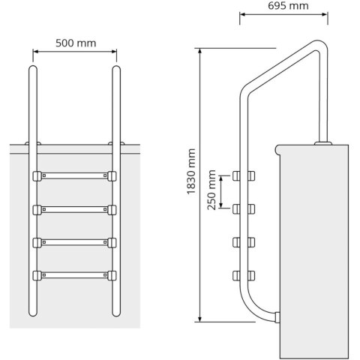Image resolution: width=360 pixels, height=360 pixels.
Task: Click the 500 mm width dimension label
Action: click(x=75, y=43)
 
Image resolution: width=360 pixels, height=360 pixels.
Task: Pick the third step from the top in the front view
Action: click(x=75, y=242)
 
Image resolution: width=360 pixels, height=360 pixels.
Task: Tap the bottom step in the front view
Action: click(x=75, y=275)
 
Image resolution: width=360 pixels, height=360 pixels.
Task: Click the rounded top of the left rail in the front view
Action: click(x=34, y=70)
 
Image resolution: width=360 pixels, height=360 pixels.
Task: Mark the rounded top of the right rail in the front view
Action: click(x=116, y=70)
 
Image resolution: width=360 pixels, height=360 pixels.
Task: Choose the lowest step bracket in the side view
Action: click(x=240, y=275)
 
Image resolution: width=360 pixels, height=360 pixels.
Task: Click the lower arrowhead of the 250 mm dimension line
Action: click(x=222, y=205)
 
